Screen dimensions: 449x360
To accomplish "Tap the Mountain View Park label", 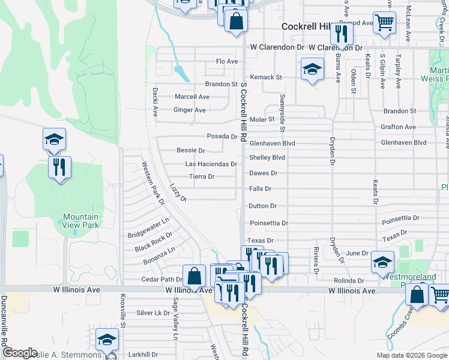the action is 81,221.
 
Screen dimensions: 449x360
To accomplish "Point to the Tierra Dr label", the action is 202,176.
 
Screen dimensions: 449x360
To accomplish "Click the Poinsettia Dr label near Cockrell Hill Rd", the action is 269,223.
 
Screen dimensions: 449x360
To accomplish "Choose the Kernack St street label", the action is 266,77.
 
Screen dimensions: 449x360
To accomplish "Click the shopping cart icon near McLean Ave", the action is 384,23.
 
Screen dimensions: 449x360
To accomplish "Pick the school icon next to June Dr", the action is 383,262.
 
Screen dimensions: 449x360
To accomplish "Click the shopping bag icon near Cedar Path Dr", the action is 194,277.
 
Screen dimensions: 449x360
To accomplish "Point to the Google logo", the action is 20,352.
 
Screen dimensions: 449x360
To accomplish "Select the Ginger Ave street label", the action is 189,110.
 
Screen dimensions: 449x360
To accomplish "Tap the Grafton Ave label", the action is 398,127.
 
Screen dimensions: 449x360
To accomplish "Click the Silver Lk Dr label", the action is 154,313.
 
